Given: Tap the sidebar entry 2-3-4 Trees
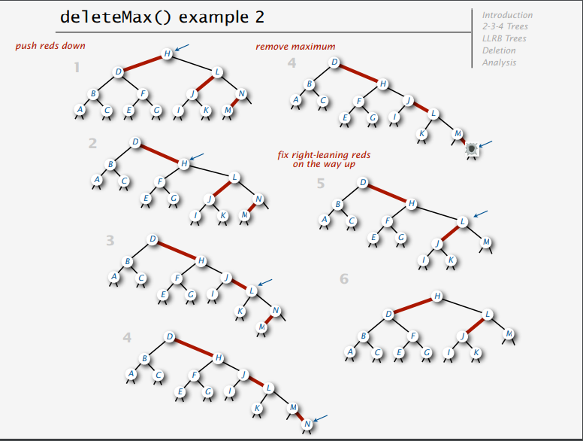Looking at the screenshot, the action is click(x=505, y=26).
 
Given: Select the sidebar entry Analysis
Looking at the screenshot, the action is click(x=499, y=62).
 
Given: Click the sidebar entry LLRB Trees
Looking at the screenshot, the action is click(x=504, y=38).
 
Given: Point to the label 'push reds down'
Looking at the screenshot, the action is click(x=50, y=46).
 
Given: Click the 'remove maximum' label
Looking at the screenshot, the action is click(x=295, y=47).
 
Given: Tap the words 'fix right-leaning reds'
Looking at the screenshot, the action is click(x=324, y=155).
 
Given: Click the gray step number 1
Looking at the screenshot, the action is click(x=77, y=68).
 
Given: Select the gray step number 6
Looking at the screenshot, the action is click(x=344, y=278).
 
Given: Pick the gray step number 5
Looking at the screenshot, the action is click(x=321, y=184).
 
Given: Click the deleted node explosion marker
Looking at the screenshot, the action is click(x=472, y=149).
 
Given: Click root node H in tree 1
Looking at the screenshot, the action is click(x=167, y=53).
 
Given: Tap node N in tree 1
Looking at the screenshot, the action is click(x=242, y=93).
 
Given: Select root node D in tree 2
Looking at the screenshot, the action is click(x=135, y=142).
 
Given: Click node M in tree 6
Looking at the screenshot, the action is click(x=509, y=334).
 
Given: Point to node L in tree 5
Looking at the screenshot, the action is click(x=463, y=222).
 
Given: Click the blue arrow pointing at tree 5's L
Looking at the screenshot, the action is click(x=480, y=214).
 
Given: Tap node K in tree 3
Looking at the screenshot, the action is click(x=240, y=311).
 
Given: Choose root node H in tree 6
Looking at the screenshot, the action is click(x=437, y=296).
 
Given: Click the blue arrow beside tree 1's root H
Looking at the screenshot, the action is click(x=182, y=47).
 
